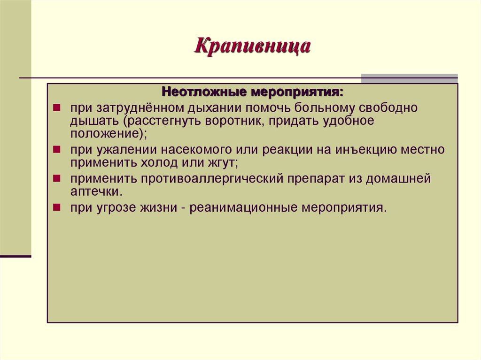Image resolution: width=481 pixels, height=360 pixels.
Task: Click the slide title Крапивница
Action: (x=253, y=47)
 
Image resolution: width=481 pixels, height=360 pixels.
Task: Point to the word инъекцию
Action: (x=364, y=150)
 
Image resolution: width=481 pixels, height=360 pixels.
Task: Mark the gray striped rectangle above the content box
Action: (x=409, y=78)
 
